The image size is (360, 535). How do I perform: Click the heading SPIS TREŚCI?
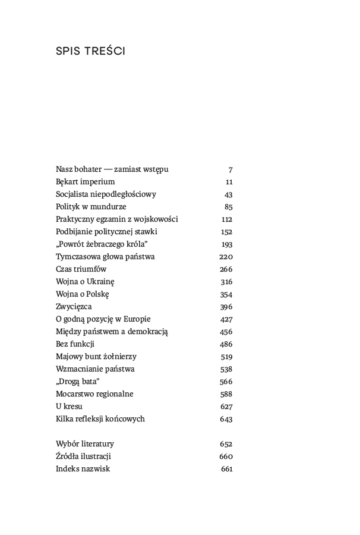90,51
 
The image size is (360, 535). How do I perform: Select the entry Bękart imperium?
85,182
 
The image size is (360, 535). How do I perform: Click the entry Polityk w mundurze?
91,207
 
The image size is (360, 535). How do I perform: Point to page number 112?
226,219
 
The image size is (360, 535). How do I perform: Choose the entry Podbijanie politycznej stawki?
106,232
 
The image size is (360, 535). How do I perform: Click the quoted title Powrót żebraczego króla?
102,244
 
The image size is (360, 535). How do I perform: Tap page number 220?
226,257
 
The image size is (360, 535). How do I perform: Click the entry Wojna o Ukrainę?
85,282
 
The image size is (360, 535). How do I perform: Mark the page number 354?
226,294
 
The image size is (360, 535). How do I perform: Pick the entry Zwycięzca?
74,307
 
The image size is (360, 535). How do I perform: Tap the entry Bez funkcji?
75,344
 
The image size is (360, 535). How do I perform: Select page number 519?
226,357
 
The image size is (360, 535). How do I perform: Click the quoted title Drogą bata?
77,382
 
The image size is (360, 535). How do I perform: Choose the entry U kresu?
69,407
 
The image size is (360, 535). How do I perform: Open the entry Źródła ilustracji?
84,457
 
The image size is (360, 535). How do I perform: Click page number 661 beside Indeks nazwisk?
226,469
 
